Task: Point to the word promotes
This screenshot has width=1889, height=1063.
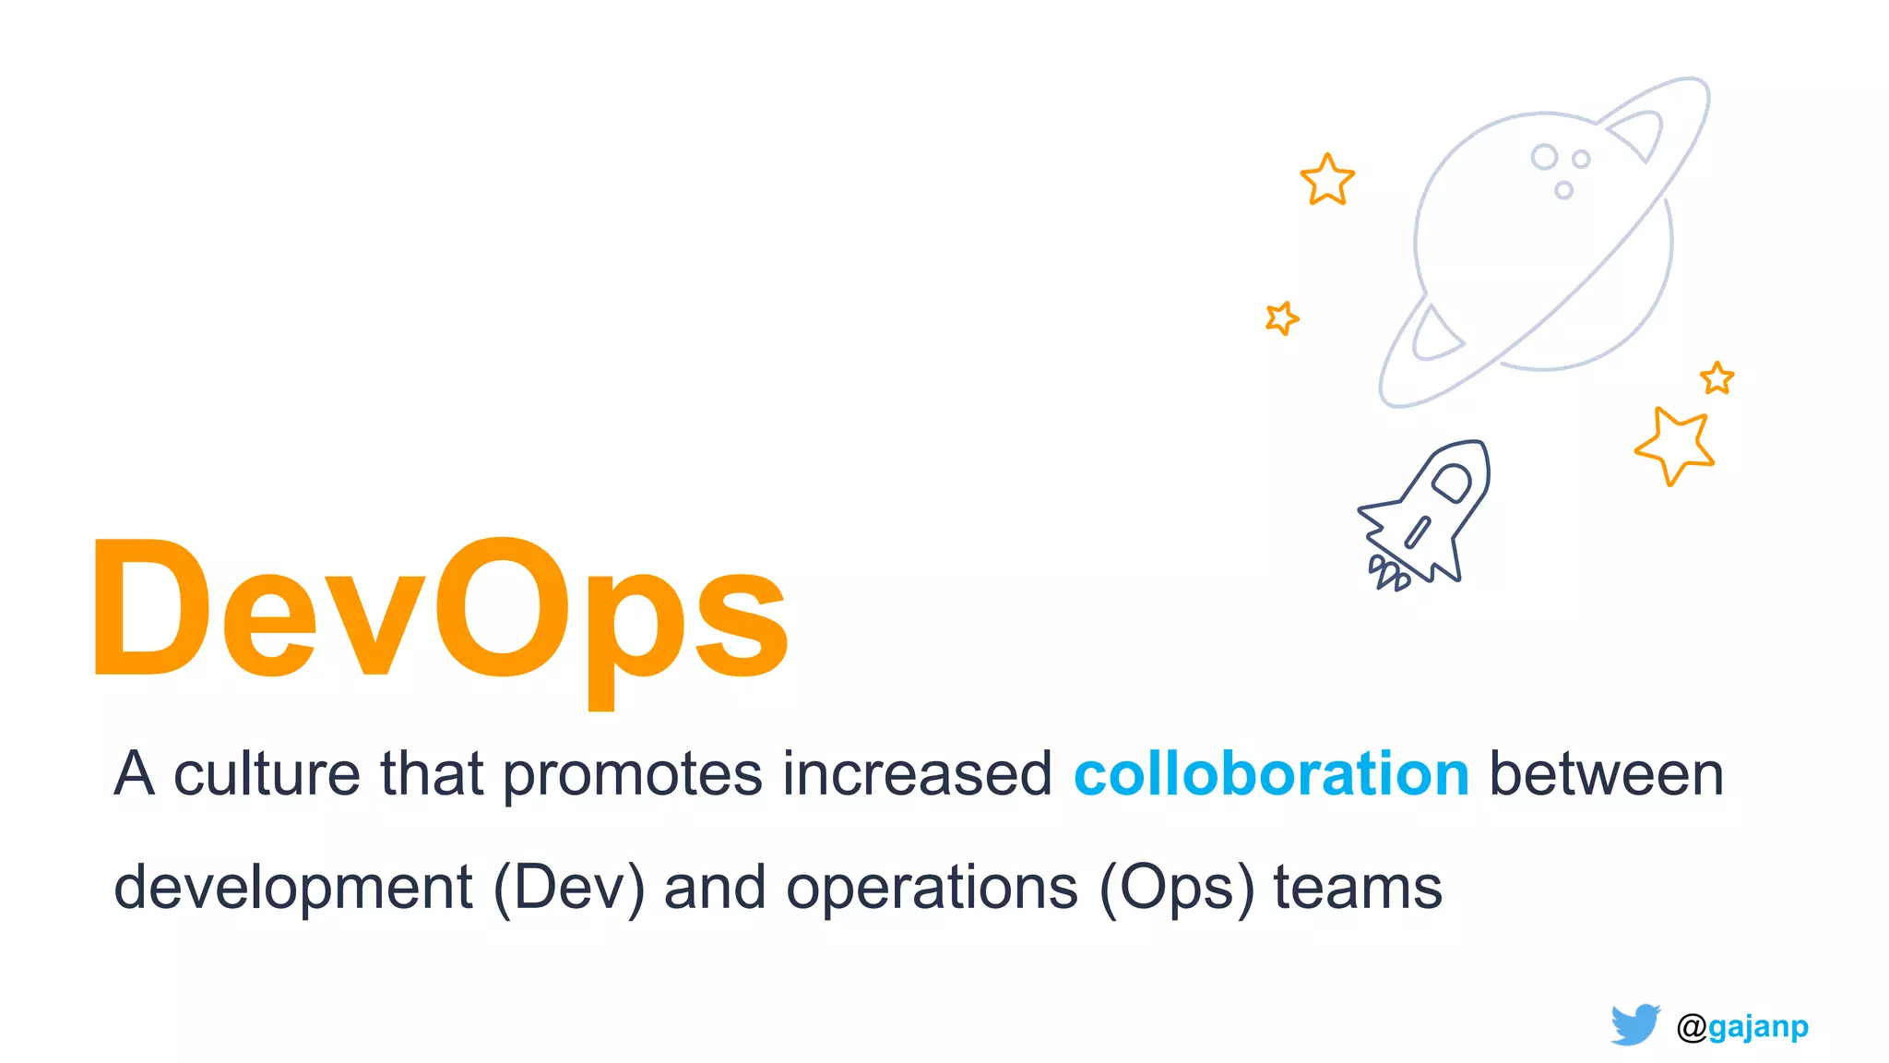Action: [x=633, y=775]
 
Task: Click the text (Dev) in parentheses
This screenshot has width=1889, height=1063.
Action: [x=569, y=888]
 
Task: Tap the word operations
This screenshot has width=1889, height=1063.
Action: [x=932, y=888]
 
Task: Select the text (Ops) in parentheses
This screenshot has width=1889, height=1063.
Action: [x=1177, y=888]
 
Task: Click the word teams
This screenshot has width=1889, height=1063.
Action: [x=1358, y=888]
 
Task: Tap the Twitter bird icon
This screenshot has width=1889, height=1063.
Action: [x=1635, y=1024]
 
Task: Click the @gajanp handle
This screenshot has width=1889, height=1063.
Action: [x=1742, y=1026]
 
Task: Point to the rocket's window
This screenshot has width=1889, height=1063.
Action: [x=1452, y=482]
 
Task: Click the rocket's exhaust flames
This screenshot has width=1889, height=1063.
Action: [x=1386, y=573]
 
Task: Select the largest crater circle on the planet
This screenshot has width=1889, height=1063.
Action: [x=1544, y=157]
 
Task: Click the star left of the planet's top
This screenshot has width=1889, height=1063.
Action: [x=1327, y=180]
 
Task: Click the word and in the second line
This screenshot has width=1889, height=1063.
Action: [x=715, y=888]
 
